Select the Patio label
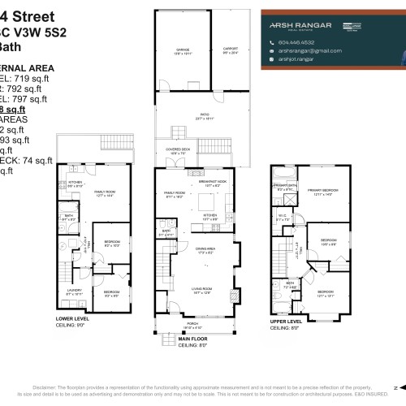(196, 116)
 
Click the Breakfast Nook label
(214, 183)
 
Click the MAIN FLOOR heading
(200, 339)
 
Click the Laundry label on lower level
(73, 290)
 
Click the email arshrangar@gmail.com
(306, 50)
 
